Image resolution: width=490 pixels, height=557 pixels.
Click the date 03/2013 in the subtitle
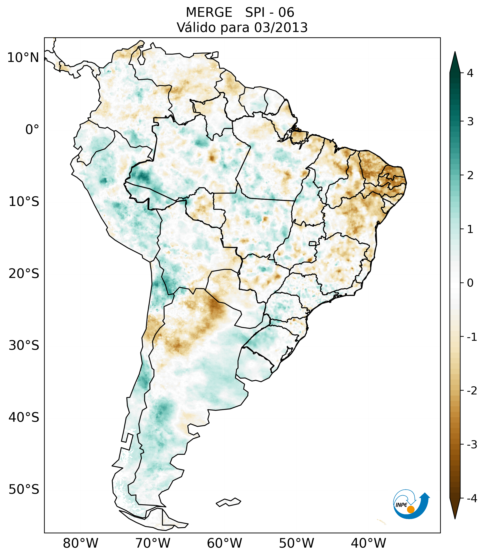coord(281,28)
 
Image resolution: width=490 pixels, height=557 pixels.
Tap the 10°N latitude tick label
coord(23,58)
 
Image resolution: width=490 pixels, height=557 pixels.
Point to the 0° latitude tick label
coord(32,130)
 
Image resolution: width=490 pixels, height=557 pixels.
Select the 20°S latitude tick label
coord(24,274)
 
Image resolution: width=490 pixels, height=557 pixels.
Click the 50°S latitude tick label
coord(24,489)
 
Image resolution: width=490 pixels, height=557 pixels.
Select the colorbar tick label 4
coord(470,73)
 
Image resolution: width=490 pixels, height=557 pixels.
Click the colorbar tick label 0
coord(470,283)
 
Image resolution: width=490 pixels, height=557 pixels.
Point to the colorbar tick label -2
coord(472,391)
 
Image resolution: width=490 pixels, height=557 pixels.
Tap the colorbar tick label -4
coord(472,499)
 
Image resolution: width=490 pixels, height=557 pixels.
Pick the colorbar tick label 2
coord(470,176)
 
